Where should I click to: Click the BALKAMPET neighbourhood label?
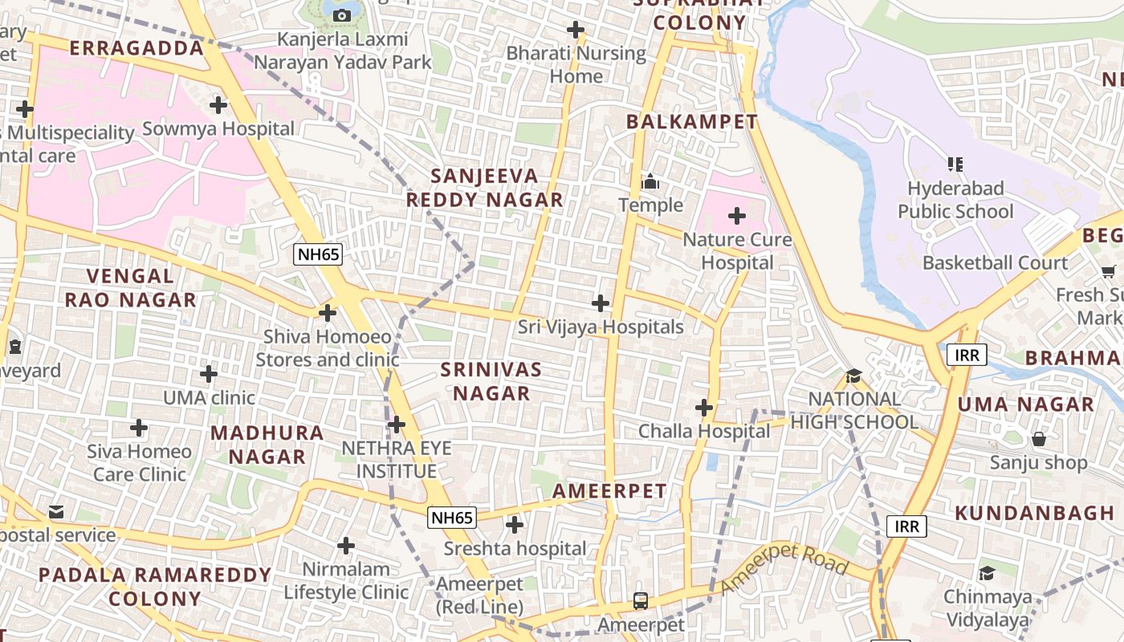click(x=691, y=122)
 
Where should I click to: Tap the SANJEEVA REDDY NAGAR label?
click(x=484, y=188)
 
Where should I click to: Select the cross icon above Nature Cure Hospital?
click(x=737, y=215)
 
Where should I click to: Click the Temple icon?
click(x=650, y=182)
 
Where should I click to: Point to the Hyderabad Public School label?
click(x=955, y=200)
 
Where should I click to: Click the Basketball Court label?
click(x=996, y=262)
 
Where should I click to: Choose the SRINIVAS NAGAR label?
click(x=491, y=381)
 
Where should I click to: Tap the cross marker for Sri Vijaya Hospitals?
click(x=600, y=303)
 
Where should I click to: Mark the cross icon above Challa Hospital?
click(x=704, y=408)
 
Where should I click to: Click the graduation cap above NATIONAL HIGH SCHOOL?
click(x=853, y=376)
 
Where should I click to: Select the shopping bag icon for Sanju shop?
click(x=1039, y=439)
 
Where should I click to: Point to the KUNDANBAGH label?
click(x=1035, y=513)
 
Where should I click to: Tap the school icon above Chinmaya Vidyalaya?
click(x=987, y=573)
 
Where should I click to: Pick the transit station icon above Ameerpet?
click(x=641, y=600)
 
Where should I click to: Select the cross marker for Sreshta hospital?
click(x=515, y=525)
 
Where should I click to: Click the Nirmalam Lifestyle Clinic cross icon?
click(x=346, y=546)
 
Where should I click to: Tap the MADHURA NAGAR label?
click(x=267, y=445)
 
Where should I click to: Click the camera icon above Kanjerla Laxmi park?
click(x=341, y=15)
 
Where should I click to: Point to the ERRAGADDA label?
click(x=136, y=48)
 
